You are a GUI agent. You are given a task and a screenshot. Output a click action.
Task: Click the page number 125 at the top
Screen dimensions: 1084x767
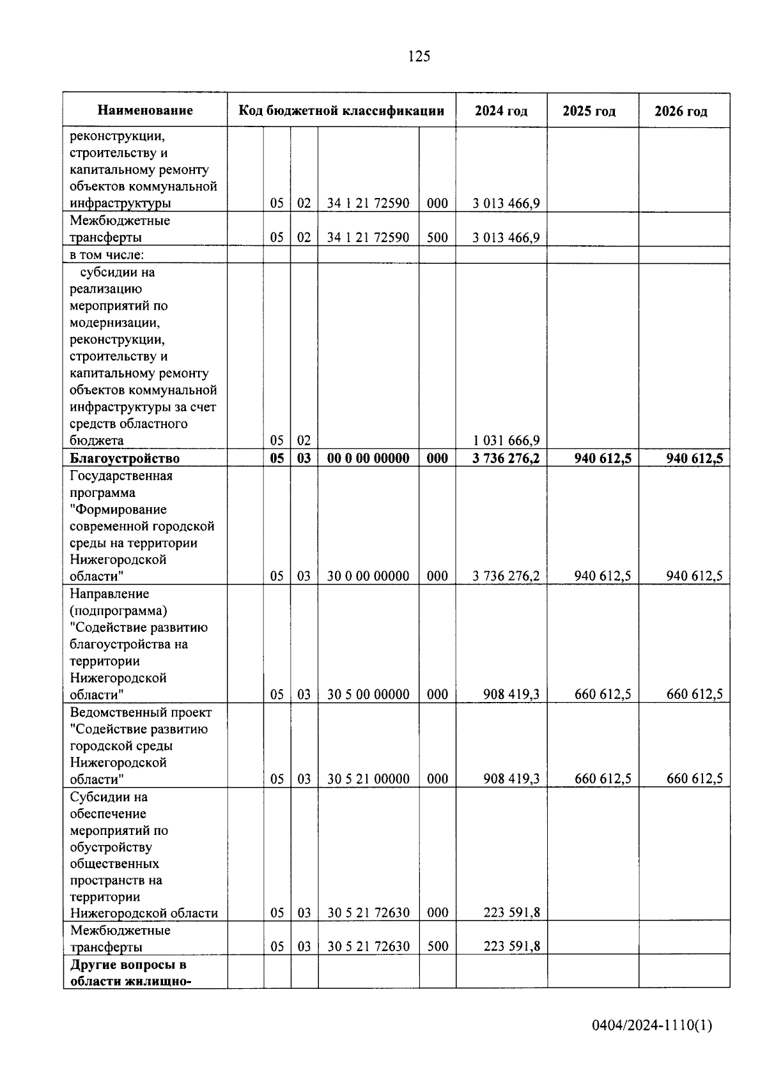419,57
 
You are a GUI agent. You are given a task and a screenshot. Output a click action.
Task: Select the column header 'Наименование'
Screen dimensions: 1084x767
145,111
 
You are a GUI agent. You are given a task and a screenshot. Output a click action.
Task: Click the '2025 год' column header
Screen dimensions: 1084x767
589,111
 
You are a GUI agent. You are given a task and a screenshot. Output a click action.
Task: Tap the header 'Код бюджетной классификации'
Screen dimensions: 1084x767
341,111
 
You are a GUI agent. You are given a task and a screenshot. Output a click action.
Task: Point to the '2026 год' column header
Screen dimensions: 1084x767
681,111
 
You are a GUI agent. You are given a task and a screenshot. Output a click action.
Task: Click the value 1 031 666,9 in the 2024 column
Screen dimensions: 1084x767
506,440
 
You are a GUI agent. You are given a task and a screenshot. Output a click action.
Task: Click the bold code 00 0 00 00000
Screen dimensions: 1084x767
368,458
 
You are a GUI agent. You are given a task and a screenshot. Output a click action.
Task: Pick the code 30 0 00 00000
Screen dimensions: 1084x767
368,576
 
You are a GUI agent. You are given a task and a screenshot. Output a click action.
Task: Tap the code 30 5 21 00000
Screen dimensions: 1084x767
368,779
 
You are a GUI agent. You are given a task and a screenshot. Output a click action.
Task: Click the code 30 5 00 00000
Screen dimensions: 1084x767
368,694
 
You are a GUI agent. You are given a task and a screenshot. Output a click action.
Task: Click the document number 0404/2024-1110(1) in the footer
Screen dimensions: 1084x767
651,1026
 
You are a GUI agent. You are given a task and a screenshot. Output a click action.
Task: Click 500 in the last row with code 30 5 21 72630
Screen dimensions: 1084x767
437,946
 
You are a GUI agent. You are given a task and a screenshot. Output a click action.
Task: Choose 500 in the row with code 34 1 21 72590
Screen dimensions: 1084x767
437,238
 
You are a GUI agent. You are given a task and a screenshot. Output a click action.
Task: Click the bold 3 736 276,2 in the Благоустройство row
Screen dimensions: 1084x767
506,458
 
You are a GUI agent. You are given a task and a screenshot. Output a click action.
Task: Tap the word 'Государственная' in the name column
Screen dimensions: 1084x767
121,476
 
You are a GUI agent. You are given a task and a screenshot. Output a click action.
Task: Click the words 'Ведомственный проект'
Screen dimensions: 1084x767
141,712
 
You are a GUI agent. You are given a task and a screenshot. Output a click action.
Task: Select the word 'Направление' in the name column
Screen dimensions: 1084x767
109,594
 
